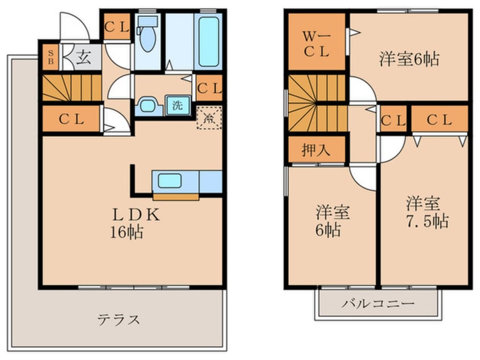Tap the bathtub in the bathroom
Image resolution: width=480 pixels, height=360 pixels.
click(x=208, y=39)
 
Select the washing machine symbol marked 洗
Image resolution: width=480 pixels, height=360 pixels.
click(x=178, y=104)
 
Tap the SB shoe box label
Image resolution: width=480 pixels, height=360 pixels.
click(x=50, y=58)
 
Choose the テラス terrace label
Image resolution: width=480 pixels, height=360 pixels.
click(x=119, y=319)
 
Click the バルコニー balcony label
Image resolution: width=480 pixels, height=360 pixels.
click(x=378, y=303)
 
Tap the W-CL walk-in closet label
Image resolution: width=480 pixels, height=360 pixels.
click(x=316, y=43)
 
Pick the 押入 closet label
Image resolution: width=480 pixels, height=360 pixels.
click(x=315, y=150)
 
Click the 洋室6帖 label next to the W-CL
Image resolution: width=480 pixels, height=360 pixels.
click(x=409, y=58)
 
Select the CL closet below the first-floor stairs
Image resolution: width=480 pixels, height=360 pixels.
click(x=71, y=120)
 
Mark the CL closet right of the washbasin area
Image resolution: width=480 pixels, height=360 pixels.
click(x=208, y=89)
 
